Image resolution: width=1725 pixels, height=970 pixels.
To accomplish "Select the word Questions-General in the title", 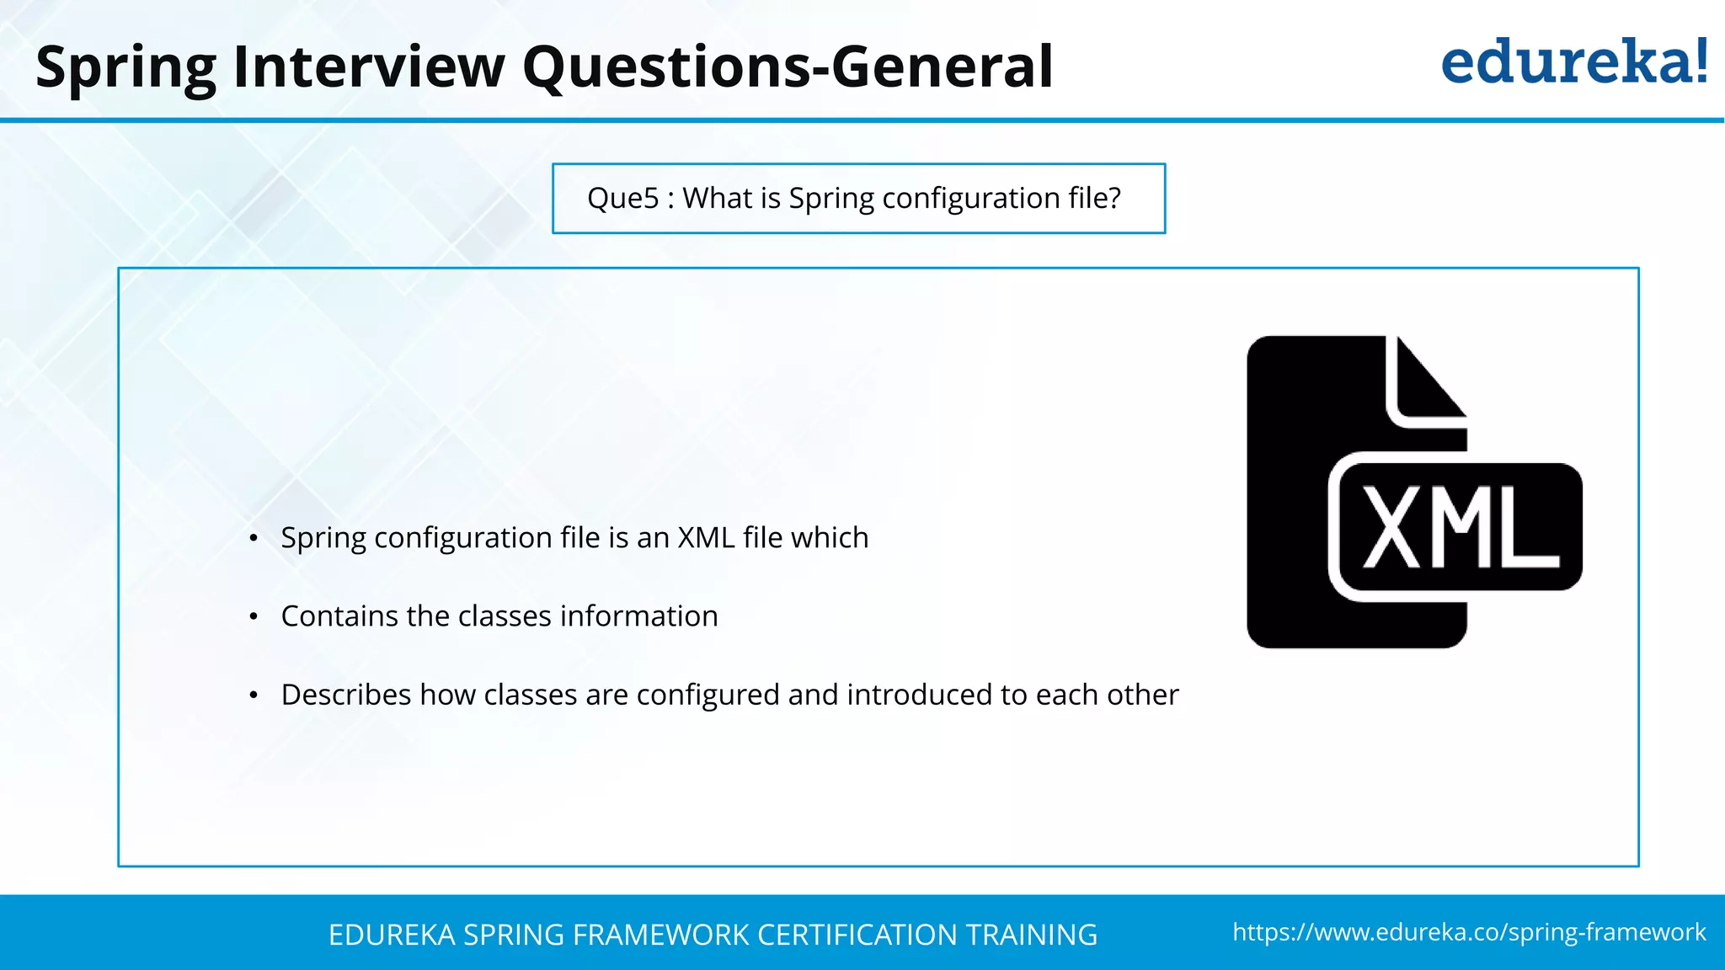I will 787,67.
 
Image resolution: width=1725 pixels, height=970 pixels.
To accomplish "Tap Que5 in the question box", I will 622,199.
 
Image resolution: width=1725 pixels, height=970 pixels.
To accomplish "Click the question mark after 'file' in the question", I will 1114,198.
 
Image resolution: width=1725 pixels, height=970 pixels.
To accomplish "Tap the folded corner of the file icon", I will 1427,382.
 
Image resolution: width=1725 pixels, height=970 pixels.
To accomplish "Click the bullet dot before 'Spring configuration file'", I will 254,539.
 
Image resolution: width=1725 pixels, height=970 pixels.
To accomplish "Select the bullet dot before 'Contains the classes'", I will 254,617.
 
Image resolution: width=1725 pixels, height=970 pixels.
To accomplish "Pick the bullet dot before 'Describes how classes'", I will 254,696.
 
